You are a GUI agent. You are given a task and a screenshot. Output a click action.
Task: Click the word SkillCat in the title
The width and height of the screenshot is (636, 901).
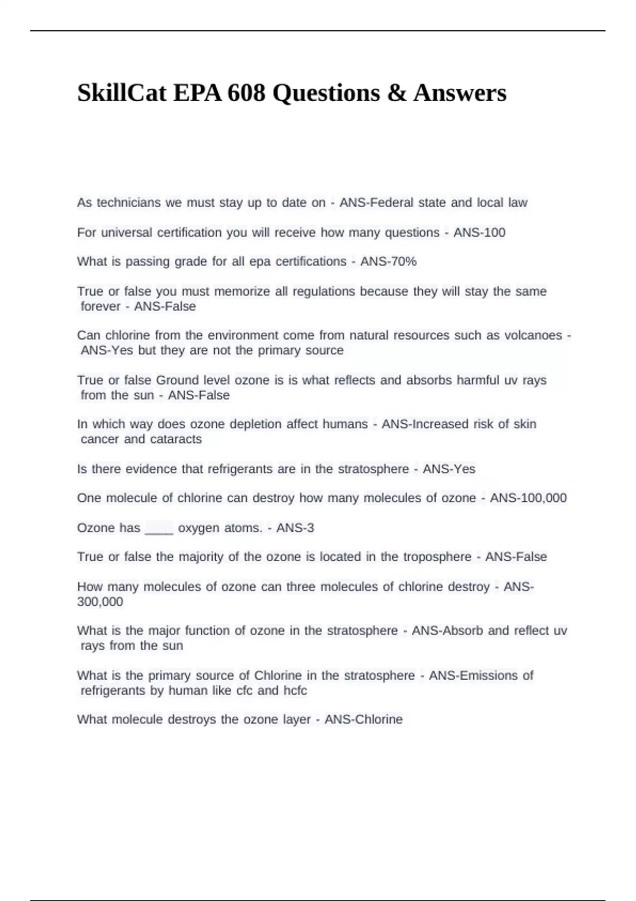(x=121, y=93)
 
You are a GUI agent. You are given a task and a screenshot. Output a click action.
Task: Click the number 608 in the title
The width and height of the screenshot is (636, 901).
(x=246, y=93)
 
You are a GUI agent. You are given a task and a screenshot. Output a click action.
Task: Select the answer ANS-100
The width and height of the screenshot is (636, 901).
(x=479, y=232)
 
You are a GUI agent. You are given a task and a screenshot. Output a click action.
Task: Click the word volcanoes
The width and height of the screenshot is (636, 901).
(x=533, y=335)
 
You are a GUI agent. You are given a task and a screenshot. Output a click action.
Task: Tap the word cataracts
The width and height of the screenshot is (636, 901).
(x=175, y=439)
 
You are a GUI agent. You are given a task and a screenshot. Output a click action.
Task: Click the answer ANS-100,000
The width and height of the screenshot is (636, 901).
(x=528, y=498)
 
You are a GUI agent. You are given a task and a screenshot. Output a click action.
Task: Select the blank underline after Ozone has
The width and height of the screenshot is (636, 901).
(x=159, y=528)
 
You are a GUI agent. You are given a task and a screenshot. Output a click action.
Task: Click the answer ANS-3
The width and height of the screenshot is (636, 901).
(x=295, y=528)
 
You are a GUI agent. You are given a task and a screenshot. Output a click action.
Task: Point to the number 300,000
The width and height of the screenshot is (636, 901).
(x=100, y=602)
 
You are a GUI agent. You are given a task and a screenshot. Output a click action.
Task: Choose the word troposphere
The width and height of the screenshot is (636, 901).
(x=437, y=556)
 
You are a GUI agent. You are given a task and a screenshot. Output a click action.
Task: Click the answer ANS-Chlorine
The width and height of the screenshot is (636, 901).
(x=364, y=719)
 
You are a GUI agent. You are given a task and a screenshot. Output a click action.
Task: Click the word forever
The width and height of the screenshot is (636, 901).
(x=101, y=306)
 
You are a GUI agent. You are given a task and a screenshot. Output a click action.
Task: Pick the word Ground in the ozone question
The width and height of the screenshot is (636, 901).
(x=175, y=380)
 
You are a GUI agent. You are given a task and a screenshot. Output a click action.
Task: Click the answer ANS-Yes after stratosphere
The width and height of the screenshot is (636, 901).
(x=449, y=469)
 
